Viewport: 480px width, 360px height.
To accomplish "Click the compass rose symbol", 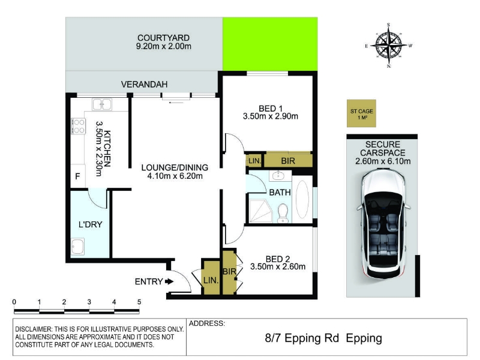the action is coord(389,46).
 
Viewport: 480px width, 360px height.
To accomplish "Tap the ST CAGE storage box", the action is coord(361,113).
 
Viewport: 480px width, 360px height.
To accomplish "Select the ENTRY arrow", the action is coord(169,281).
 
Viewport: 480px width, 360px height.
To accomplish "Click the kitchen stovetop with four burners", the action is coord(79,126).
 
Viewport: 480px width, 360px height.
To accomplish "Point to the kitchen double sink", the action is coord(102,104).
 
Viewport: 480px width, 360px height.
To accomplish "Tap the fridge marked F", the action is coord(78,176).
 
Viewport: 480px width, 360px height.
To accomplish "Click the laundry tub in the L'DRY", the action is coord(78,247).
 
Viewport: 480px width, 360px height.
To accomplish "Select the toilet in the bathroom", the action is coord(283,214).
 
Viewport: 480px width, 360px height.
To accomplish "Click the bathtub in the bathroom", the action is coord(302,199).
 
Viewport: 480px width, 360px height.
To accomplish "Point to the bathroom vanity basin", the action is coord(278,176).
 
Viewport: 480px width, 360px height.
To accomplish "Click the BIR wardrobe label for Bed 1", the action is coord(288,161).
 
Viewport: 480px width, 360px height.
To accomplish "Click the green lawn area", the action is coord(270,44).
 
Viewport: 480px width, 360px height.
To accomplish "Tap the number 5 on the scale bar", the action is coord(139,302).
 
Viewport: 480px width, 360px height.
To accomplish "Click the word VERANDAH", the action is coord(144,84).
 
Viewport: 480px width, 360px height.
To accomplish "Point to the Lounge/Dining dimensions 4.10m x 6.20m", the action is coord(175,176).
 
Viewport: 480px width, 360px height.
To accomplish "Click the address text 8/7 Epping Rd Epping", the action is coord(323,338).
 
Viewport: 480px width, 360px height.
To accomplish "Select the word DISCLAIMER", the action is coord(34,329).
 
